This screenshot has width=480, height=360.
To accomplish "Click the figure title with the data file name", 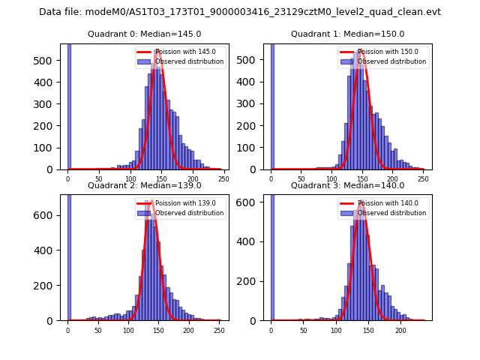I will (240, 12).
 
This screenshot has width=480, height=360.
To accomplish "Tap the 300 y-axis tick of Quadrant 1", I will (250, 104).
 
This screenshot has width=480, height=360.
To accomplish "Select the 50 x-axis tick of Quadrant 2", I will (98, 330).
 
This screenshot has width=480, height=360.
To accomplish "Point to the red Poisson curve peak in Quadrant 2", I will (152, 201).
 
